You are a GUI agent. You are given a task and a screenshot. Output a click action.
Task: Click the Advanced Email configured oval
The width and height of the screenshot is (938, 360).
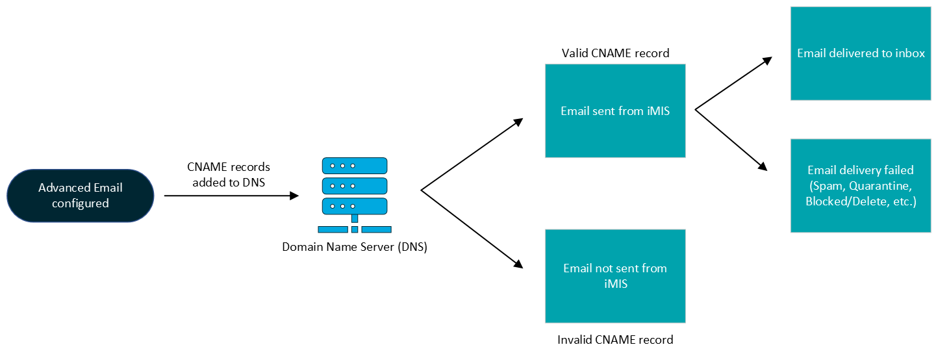point(81,196)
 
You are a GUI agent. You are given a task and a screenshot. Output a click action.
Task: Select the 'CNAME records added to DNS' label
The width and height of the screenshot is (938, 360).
point(229,174)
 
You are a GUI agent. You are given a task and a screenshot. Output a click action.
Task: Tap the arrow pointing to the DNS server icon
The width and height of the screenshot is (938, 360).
point(231,196)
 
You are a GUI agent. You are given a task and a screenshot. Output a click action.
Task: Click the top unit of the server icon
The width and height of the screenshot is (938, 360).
point(355,166)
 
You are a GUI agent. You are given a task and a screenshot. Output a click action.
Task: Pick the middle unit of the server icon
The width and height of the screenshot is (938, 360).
point(355,186)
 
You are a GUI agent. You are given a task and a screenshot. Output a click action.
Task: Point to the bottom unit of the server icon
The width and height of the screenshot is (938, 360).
point(355,206)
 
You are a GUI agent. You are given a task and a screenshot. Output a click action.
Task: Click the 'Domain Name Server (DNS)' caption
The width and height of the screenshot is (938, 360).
point(355,247)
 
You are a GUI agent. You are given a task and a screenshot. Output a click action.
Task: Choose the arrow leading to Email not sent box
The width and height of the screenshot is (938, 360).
point(472,229)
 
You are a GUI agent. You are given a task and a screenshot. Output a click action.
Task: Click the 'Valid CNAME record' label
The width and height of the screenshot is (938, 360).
point(616,53)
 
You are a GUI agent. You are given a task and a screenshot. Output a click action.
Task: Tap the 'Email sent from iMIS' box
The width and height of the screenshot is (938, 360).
point(615,110)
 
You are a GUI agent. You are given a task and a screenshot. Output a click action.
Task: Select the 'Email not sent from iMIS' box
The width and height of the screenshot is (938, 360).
point(615,276)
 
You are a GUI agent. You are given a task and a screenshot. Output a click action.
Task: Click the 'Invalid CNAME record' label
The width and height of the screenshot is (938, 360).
point(615,339)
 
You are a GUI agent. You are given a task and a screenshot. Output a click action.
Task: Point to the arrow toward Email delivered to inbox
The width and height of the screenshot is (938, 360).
point(733,83)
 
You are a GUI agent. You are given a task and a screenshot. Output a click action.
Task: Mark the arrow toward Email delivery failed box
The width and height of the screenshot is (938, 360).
point(731,140)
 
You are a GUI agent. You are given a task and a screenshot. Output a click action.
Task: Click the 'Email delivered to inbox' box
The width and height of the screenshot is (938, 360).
point(861,53)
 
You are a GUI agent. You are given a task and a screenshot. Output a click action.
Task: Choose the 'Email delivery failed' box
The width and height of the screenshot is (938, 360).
point(861,186)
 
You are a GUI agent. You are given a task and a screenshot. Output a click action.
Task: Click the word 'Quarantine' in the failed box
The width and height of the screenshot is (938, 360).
point(880,186)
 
